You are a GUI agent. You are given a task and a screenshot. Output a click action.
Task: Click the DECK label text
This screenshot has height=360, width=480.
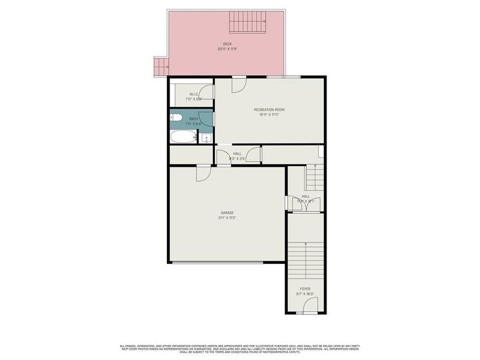[x=227, y=44]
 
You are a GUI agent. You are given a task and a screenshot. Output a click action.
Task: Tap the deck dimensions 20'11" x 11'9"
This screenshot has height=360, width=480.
[x=227, y=49]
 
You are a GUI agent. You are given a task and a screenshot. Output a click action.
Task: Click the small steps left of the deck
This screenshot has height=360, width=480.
[x=161, y=66]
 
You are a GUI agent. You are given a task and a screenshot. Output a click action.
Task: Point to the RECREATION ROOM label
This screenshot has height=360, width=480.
[x=269, y=109]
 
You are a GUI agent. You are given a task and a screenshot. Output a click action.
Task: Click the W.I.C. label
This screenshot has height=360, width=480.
[x=194, y=94]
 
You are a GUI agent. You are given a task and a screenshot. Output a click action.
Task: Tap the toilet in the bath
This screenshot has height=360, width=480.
[x=176, y=118]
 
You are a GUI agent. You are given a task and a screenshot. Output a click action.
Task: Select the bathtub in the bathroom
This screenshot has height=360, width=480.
[x=184, y=137]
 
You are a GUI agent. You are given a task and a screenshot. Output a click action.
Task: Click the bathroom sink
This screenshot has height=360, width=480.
[x=206, y=138]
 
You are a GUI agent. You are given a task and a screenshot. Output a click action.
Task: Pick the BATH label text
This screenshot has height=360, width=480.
[x=193, y=119]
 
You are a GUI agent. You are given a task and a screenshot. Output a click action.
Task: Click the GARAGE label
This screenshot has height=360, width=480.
[x=227, y=213]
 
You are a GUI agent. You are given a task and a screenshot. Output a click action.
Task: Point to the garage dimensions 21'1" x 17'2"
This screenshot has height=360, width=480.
[x=227, y=218]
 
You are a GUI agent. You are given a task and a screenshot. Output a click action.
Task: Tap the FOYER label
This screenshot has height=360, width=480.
[x=305, y=289]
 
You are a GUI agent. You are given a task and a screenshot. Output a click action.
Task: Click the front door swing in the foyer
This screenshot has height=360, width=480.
[x=310, y=308]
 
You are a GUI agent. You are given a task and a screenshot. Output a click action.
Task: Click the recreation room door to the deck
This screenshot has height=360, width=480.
[x=239, y=83]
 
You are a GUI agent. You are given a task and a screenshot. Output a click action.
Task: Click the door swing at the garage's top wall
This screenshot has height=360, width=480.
[x=202, y=173]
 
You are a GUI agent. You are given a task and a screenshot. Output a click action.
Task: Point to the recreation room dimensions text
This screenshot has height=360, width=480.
[x=269, y=115]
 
